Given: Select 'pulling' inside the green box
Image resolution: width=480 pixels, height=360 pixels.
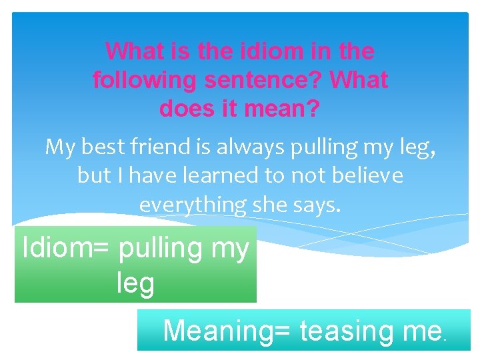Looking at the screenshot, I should pyautogui.click(x=169, y=249).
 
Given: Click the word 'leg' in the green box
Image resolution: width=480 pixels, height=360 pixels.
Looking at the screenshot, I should pyautogui.click(x=135, y=283).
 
